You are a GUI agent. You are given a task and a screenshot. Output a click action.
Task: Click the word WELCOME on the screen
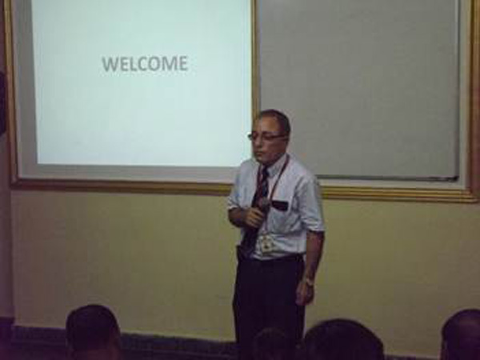145,64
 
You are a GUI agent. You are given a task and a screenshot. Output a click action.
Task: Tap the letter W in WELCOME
110,64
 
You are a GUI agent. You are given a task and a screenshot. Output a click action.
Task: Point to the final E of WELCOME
182,64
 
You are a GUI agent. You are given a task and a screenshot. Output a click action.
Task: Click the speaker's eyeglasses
266,137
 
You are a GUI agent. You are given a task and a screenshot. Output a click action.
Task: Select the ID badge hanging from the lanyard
267,243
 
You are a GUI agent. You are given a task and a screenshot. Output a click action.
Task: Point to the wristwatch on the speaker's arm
309,281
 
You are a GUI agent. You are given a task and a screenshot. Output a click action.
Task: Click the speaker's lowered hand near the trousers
305,294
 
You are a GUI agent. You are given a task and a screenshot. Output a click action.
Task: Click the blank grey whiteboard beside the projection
358,89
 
